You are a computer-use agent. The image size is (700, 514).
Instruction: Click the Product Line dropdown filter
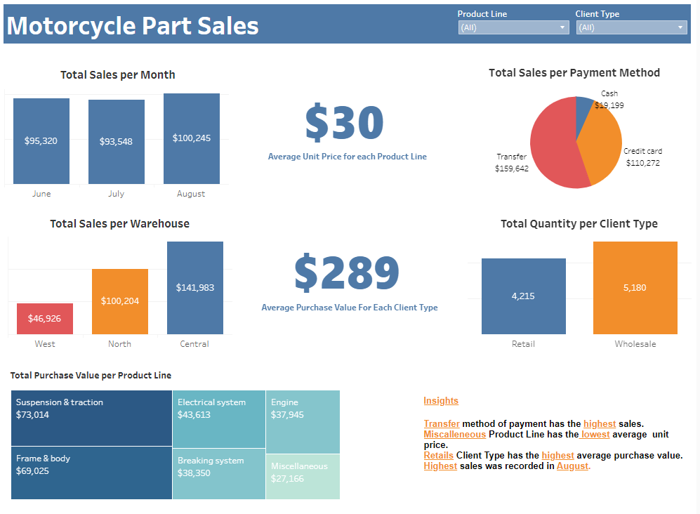(x=513, y=27)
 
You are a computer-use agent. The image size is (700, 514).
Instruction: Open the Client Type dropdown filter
(x=630, y=27)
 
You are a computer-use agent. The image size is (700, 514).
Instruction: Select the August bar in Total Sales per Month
(x=191, y=138)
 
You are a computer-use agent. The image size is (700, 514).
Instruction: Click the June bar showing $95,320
(x=41, y=140)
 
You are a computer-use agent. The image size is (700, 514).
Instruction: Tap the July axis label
(x=116, y=194)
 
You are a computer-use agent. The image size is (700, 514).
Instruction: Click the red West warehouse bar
(x=44, y=318)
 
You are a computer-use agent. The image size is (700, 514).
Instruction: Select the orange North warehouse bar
(x=119, y=301)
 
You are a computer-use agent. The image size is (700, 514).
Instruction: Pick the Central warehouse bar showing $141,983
(x=194, y=287)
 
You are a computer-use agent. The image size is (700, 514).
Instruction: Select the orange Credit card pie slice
(x=600, y=144)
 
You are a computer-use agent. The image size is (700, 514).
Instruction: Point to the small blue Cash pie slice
(x=583, y=107)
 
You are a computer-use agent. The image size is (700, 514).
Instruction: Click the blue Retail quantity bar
(x=523, y=296)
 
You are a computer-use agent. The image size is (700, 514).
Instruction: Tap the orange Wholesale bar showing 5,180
(x=635, y=287)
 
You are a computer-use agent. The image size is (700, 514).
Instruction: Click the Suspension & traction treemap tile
(x=91, y=418)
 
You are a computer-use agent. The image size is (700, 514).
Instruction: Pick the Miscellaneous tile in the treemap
(x=302, y=476)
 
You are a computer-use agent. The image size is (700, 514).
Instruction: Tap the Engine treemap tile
(x=303, y=421)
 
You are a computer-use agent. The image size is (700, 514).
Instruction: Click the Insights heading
(x=440, y=401)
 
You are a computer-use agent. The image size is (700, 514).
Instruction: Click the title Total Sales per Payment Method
(x=574, y=72)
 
